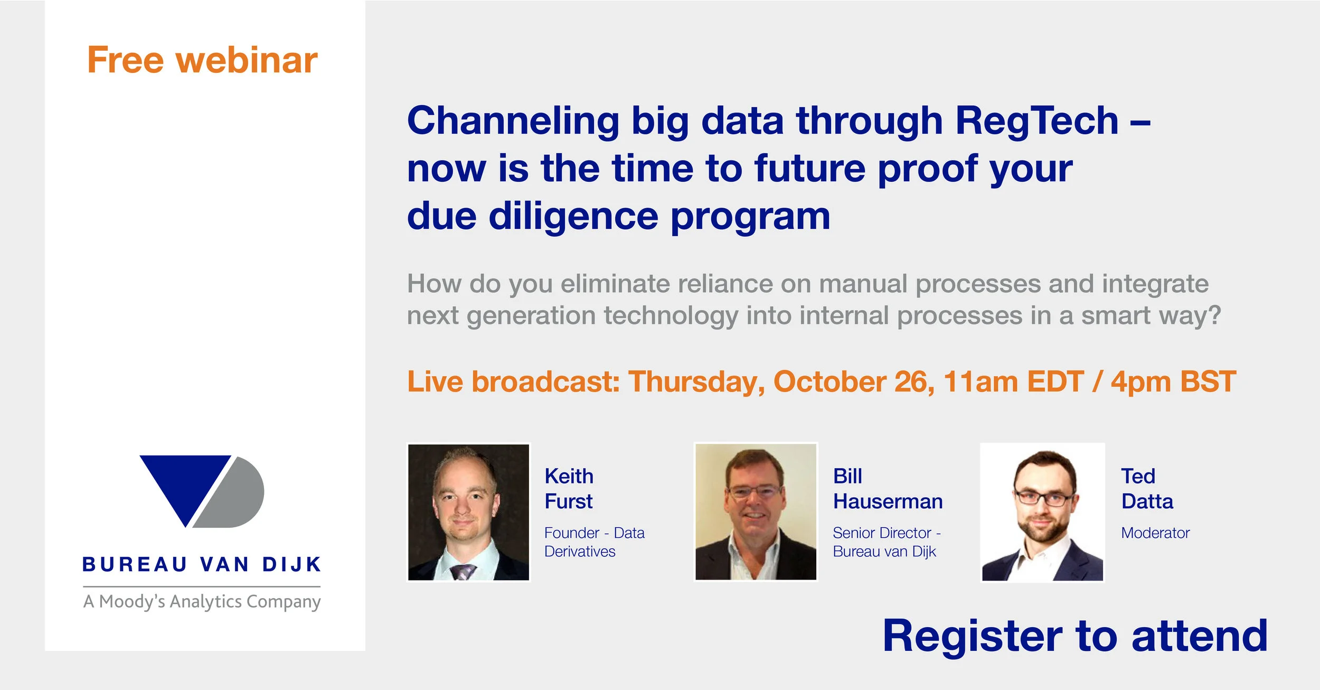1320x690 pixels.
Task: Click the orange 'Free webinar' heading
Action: tap(202, 60)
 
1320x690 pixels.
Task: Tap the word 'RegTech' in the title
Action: tap(1037, 121)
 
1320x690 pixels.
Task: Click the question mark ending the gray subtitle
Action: tap(1214, 315)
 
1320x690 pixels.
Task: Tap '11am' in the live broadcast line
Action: tap(980, 381)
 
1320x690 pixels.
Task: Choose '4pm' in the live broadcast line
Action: tap(1140, 381)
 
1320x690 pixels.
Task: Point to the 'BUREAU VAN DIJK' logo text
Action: tap(202, 565)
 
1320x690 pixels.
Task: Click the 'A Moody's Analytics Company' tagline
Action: tap(202, 601)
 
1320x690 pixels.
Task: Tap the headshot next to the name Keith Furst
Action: tap(468, 512)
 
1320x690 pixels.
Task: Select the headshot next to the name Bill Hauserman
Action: tap(756, 512)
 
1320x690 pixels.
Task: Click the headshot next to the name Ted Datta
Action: tap(1042, 512)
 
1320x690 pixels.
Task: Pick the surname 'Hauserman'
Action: tap(888, 501)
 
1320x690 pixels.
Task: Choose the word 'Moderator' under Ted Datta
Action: tap(1155, 533)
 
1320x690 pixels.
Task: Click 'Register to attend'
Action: tap(1075, 636)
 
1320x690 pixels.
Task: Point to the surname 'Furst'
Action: tap(568, 501)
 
